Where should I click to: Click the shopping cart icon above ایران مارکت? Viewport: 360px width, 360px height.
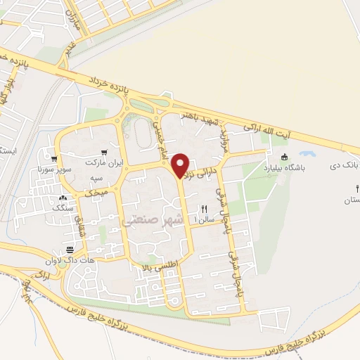[104, 151]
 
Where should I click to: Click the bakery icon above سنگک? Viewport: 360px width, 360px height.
[63, 198]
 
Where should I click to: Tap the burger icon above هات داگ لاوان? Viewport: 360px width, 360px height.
[70, 250]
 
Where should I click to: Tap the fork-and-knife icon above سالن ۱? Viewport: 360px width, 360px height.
[205, 208]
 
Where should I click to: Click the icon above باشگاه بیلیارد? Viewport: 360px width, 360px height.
[284, 157]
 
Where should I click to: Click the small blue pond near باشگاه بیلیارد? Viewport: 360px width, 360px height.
[307, 153]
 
